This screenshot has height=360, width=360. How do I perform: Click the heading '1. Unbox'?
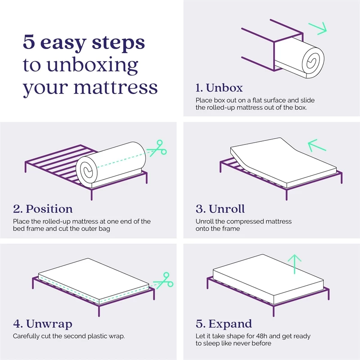coord(219,87)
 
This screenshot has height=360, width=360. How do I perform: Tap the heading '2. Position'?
coord(43,209)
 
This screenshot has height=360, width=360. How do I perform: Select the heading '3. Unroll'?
coord(220,209)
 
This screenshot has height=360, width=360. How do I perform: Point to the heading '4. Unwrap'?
coord(43,324)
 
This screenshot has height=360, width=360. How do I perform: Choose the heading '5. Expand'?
coord(224,324)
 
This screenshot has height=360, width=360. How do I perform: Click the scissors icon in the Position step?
coord(157,148)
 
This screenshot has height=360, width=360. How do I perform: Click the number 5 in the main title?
coord(29,43)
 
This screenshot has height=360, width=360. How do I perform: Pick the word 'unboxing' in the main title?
coord(90,66)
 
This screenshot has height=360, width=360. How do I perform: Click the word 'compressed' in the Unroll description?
coord(249,221)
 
